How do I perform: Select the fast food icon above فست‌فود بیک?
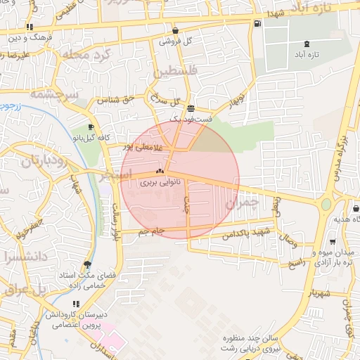[x=191, y=108]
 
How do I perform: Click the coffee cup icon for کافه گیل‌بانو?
[x=90, y=127]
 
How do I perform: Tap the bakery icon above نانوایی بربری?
[x=160, y=171]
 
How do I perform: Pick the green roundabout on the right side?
[x=326, y=205]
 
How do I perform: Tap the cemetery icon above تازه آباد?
[x=306, y=44]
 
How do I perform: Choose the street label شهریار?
[x=318, y=293]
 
